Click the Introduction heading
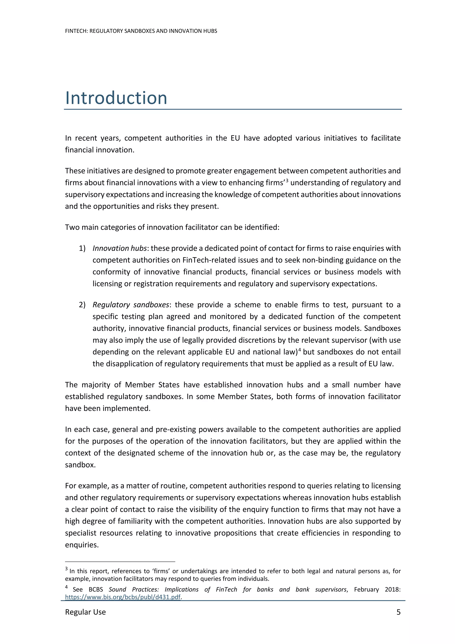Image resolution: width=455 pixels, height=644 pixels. pos(116,98)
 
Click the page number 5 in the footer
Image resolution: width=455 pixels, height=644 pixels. pos(398,612)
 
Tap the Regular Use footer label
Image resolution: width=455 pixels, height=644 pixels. pos(85,612)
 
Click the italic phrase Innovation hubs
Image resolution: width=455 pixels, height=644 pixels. pos(120,248)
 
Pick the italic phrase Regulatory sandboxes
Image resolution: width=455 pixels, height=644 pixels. pos(131,305)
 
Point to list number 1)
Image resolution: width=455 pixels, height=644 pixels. pos(82,248)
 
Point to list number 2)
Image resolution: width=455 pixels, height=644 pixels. pos(82,305)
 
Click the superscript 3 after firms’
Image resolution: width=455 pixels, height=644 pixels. pos(287,180)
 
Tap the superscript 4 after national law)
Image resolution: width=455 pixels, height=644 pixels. pos(300,350)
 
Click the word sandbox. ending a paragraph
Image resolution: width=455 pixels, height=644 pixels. pos(80,465)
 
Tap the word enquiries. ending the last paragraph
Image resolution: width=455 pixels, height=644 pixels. pos(82,545)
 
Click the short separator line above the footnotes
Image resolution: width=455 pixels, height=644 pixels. pos(120,562)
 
